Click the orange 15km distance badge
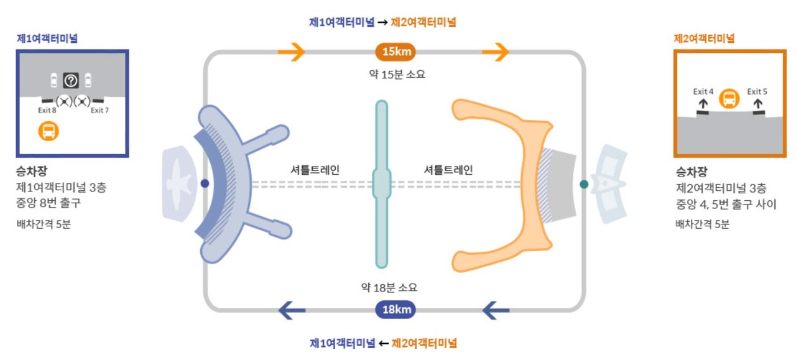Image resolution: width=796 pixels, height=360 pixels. click(x=395, y=52)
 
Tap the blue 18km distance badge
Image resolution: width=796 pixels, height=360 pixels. click(x=395, y=310)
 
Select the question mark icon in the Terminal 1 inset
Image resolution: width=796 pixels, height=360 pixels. click(x=71, y=80)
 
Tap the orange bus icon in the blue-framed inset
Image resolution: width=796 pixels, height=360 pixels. click(x=49, y=131)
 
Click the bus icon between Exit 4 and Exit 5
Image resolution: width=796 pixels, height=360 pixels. click(x=729, y=98)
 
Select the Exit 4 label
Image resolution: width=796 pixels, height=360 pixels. click(x=703, y=91)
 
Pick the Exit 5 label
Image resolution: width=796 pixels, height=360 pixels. click(x=757, y=91)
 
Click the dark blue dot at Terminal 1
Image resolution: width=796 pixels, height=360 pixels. click(x=205, y=183)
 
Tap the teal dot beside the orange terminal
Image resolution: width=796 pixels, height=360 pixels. click(x=584, y=184)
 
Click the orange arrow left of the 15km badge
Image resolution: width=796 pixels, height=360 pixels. click(x=291, y=52)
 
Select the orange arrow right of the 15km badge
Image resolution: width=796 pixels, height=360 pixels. click(x=495, y=52)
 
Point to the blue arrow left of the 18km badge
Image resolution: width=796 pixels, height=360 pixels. click(x=292, y=310)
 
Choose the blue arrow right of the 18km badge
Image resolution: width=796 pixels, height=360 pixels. click(x=496, y=310)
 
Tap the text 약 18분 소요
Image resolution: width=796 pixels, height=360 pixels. click(x=389, y=287)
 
